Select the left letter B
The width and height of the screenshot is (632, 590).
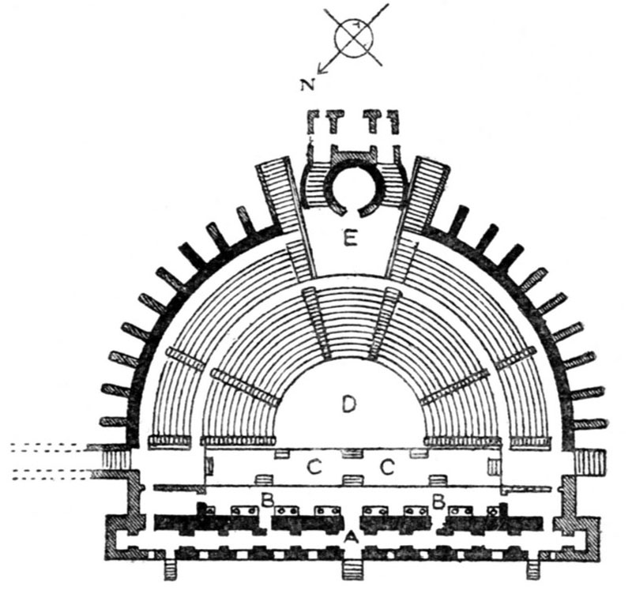coord(267,500)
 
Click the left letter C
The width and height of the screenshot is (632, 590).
coord(314,468)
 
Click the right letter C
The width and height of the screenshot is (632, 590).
coord(387,468)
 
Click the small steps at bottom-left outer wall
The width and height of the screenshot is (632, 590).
coord(169,568)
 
